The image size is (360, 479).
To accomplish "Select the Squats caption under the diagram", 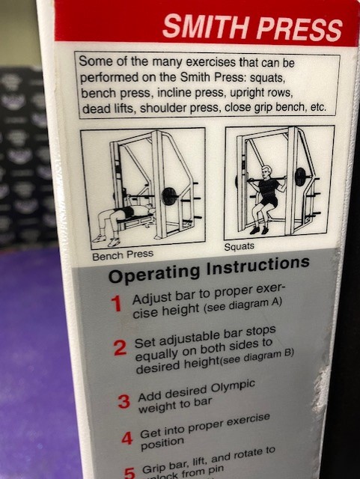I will (240, 246).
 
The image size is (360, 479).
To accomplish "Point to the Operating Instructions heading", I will (209, 269).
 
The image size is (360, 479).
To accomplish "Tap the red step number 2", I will (120, 348).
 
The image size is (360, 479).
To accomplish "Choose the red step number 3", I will (123, 401).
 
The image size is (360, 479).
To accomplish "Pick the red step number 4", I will (126, 437).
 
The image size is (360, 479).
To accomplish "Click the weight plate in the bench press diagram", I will (169, 196).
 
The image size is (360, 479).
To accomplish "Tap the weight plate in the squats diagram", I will (300, 177).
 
